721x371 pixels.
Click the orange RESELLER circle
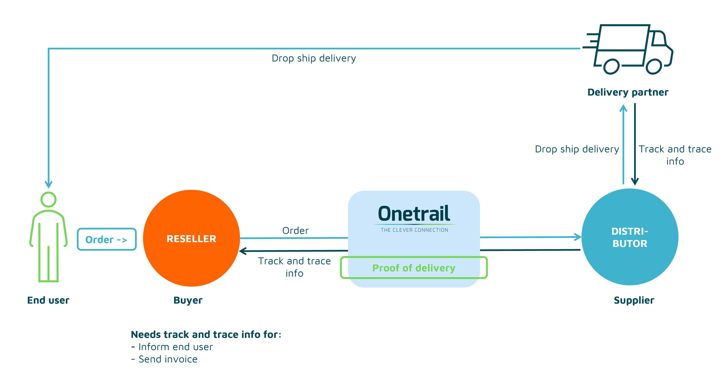point(192,238)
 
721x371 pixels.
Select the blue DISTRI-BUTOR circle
point(630,237)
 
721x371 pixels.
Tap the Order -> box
point(107,239)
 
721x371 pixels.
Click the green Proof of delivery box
point(414,268)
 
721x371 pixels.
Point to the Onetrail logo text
point(414,214)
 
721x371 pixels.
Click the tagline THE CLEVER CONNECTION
point(414,230)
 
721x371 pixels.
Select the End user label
point(48,300)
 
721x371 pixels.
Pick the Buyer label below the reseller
point(188,300)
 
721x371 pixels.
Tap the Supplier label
point(634,300)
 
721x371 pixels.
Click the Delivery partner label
point(628,92)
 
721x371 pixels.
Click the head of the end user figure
point(48,199)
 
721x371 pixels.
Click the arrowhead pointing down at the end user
point(49,185)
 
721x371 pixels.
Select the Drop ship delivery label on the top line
point(314,58)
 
